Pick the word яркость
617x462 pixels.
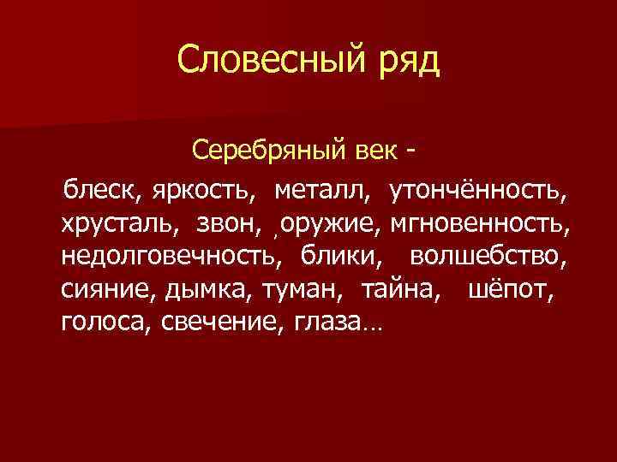(x=203, y=190)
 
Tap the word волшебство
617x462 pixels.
(x=488, y=256)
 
